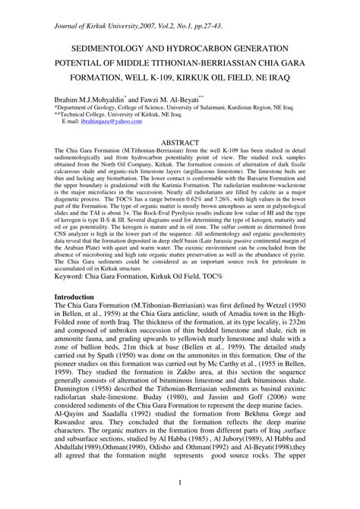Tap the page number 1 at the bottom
pyautogui.click(x=180, y=483)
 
